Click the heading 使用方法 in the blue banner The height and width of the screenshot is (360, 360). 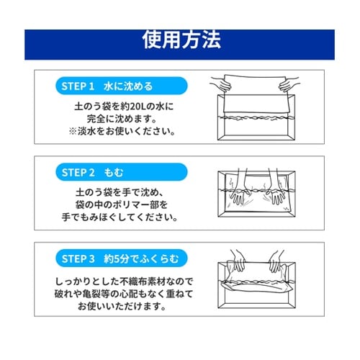click(x=181, y=37)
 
